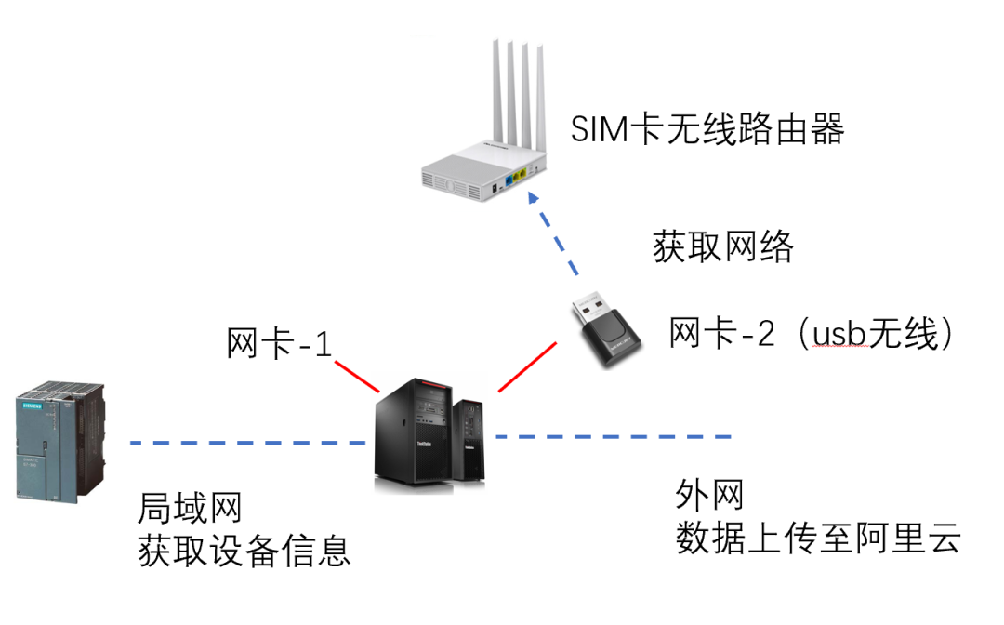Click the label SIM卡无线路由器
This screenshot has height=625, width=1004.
click(x=707, y=130)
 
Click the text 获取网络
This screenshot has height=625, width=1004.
click(x=723, y=247)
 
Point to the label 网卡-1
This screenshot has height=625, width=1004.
click(x=279, y=344)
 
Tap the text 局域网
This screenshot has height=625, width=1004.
click(x=190, y=508)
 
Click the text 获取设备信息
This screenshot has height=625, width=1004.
click(x=244, y=551)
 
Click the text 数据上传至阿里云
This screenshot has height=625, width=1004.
click(x=817, y=539)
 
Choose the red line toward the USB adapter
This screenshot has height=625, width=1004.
click(x=527, y=366)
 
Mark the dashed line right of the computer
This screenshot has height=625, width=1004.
click(x=614, y=436)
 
